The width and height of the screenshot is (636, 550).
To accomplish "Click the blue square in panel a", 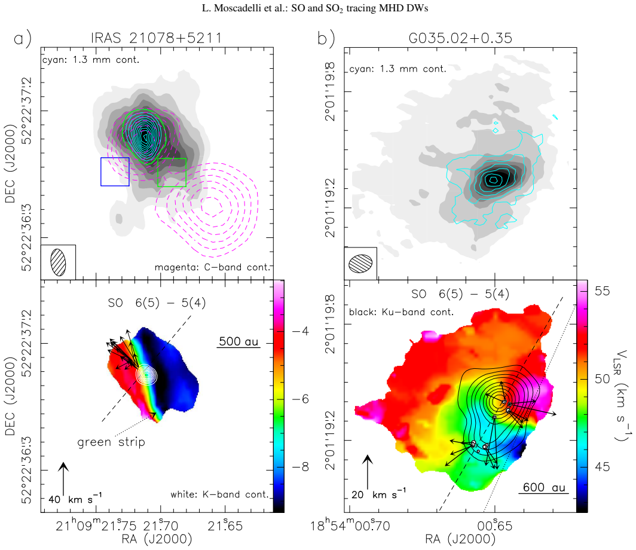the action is (x=101, y=172).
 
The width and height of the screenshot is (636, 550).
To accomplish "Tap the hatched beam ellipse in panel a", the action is (x=59, y=262).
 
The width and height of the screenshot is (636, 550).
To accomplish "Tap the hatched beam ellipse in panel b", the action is (x=360, y=264).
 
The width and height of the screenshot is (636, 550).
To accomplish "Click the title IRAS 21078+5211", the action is (x=156, y=38).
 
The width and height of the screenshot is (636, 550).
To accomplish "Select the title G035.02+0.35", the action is (x=460, y=38).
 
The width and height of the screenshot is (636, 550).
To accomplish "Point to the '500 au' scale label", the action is (x=239, y=341).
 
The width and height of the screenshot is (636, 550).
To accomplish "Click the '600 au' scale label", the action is (x=544, y=487).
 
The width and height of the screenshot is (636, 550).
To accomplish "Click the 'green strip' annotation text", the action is (x=111, y=442).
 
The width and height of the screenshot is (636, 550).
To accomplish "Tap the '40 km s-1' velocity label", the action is (x=75, y=499).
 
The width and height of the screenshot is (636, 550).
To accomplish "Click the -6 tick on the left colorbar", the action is (x=300, y=399).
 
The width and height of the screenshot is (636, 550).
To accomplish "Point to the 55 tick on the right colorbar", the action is (x=602, y=291).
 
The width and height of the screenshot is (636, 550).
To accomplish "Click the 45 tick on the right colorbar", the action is (x=602, y=467).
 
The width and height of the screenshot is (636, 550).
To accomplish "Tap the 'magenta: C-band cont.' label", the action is (x=212, y=267).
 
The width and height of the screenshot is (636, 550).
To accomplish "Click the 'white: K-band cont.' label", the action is (x=219, y=494).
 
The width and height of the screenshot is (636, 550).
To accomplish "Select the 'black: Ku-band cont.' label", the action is (x=401, y=312).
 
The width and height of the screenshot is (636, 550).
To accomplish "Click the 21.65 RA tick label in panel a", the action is (x=225, y=526).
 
